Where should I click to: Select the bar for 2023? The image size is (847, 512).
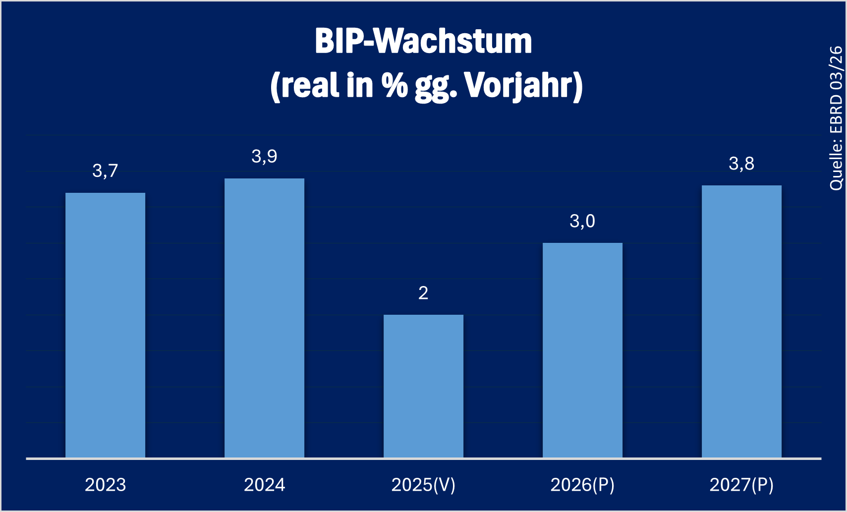coord(105,325)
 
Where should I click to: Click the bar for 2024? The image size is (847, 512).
coord(264,318)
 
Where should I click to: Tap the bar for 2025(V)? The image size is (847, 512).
coord(423,386)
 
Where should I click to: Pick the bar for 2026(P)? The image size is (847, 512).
coord(582,350)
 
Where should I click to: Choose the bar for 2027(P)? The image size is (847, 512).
coord(741,321)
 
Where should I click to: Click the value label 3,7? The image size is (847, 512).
coord(105,171)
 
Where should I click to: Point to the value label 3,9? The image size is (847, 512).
coord(264,157)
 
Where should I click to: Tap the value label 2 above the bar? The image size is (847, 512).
coord(423,293)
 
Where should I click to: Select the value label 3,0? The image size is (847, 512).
coord(582,221)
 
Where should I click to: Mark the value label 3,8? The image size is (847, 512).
coord(741,164)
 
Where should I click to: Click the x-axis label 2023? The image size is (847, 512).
coord(105,485)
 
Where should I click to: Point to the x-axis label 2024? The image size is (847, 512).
coord(264,485)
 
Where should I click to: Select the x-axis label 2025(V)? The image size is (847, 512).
coord(423,485)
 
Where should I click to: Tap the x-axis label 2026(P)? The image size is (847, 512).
coord(582,485)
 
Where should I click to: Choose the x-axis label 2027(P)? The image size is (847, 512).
coord(741,485)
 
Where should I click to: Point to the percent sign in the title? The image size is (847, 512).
coord(395,85)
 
